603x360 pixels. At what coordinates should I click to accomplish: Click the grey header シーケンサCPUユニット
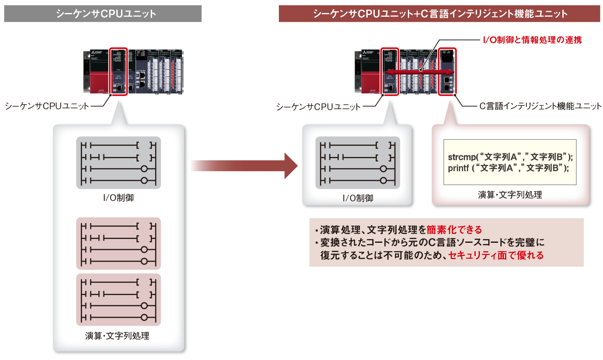point(103,13)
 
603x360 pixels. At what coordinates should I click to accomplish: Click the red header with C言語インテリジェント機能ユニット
point(440,13)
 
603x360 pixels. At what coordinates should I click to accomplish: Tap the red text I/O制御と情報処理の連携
point(532,40)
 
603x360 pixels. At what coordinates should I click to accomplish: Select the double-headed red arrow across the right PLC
point(419,73)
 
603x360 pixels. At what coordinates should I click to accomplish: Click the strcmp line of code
point(510,157)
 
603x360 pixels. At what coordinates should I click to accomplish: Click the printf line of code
point(508,168)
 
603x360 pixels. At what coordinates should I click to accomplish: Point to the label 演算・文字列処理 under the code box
point(510,195)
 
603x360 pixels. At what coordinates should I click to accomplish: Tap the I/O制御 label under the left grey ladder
point(119,198)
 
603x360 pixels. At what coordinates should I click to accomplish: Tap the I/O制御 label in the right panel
point(358,198)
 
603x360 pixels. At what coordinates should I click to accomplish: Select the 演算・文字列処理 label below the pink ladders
point(117,336)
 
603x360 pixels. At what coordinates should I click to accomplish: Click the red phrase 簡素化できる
point(454,230)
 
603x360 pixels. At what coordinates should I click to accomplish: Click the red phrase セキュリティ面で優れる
point(496,255)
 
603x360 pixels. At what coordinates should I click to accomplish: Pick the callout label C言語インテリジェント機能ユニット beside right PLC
point(540,106)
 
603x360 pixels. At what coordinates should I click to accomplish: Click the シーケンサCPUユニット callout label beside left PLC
point(47,106)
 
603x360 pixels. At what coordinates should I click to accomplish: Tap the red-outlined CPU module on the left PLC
point(118,71)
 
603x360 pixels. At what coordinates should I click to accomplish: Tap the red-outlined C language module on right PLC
point(447,71)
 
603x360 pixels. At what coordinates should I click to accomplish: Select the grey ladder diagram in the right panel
point(358,163)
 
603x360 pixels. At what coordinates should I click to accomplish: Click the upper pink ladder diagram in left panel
point(119,243)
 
